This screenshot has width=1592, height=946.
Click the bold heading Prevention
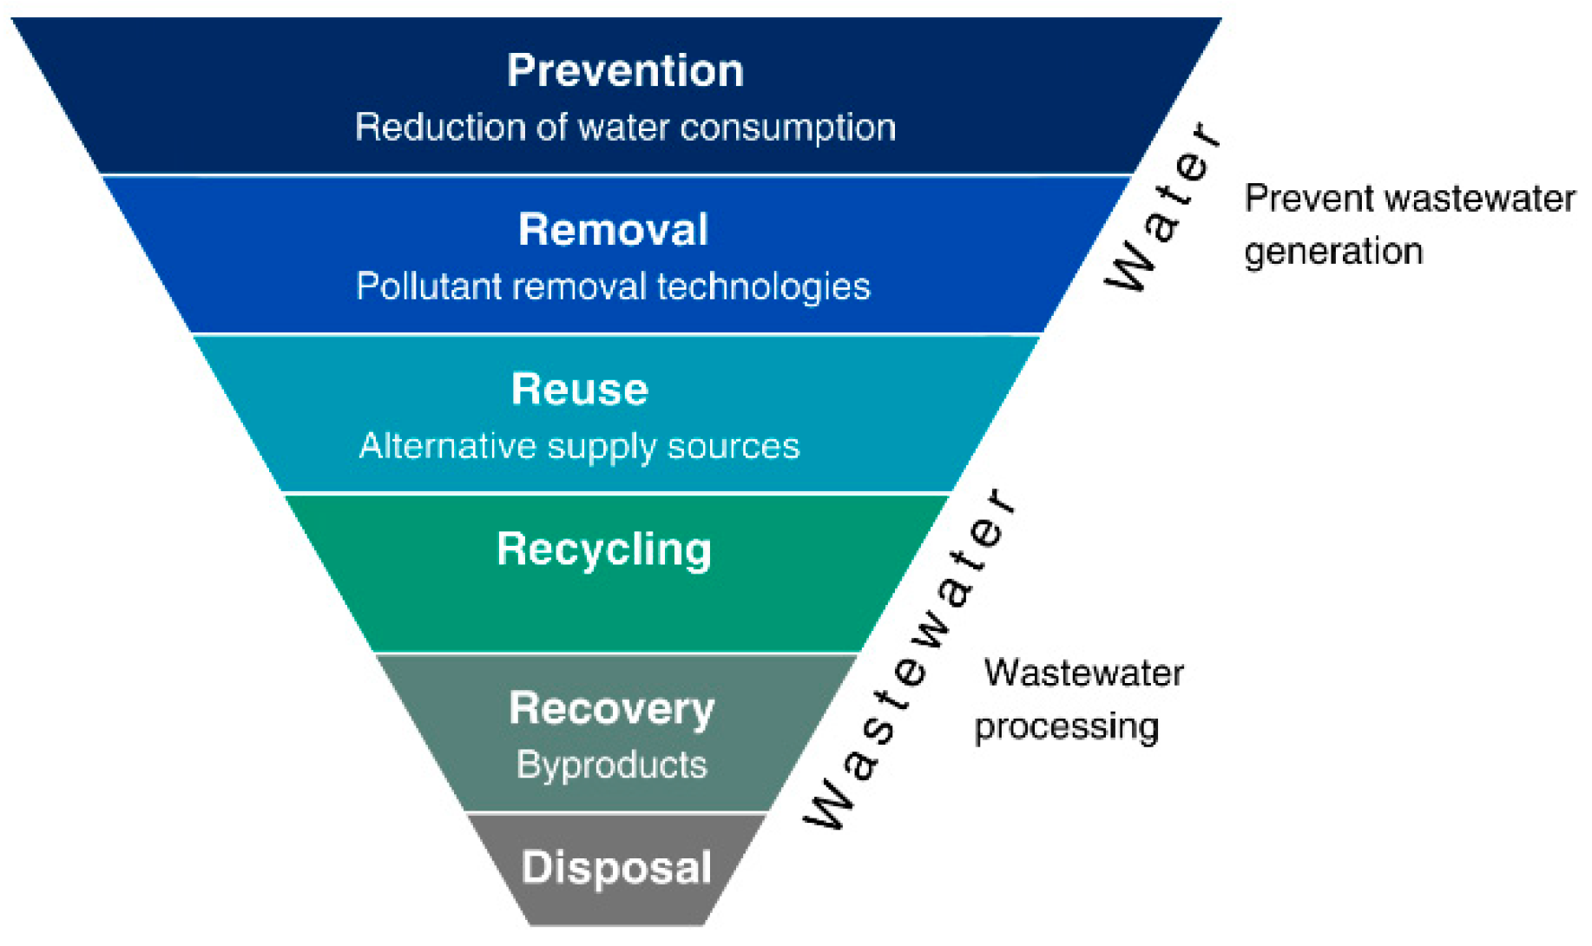click(625, 71)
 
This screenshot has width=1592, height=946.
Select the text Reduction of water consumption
click(625, 128)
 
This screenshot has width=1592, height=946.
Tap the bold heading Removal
click(613, 230)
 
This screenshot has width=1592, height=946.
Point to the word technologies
click(763, 287)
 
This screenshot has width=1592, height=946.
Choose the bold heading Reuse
click(579, 390)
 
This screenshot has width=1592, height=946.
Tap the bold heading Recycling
click(604, 549)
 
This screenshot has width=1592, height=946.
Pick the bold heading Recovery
click(611, 708)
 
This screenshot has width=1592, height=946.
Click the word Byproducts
click(611, 765)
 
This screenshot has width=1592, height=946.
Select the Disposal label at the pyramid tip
click(616, 868)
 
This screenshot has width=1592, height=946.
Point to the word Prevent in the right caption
click(1299, 199)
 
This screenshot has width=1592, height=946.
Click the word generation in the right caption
click(1333, 252)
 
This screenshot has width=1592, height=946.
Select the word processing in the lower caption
click(1066, 727)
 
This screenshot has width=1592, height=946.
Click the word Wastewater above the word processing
click(1083, 673)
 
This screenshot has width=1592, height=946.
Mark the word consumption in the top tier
click(787, 128)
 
